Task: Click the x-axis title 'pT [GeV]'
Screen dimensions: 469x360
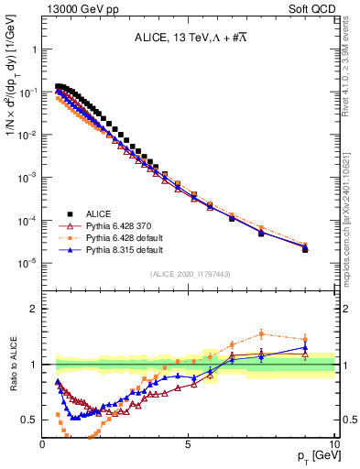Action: pos(312,456)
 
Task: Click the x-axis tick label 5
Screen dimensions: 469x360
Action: pos(188,444)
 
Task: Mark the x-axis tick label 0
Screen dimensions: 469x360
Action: pos(43,444)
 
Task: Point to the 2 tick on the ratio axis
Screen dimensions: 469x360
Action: pos(35,308)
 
